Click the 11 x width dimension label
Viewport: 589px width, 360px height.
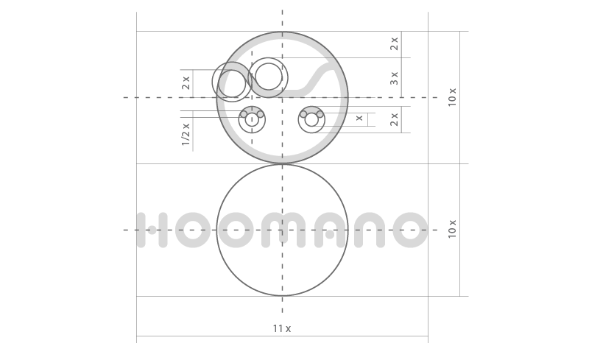[x=282, y=328]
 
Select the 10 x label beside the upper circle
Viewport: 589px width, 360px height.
[x=452, y=97]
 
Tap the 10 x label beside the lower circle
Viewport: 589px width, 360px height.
[x=452, y=229]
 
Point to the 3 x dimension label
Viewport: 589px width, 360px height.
[x=394, y=78]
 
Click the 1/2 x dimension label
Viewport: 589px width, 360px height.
[x=186, y=134]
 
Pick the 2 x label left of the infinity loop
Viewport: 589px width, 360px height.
[x=186, y=82]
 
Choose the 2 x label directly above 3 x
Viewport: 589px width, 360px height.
[x=394, y=43]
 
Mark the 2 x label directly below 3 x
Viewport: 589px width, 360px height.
[x=394, y=119]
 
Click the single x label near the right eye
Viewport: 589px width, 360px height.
[x=359, y=118]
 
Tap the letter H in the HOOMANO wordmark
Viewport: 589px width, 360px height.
[x=152, y=230]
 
